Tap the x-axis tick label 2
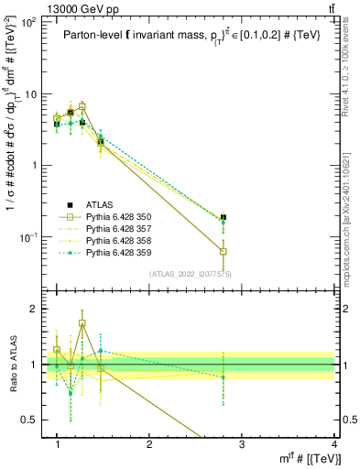149,443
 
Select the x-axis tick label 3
242,443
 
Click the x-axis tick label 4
333,443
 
